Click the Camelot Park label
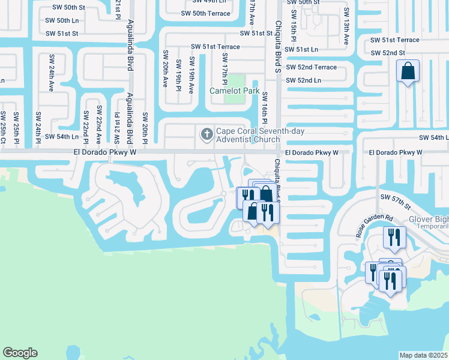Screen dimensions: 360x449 pyautogui.click(x=234, y=91)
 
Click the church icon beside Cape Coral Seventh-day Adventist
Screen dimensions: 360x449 pyautogui.click(x=206, y=133)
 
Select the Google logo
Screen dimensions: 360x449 pyautogui.click(x=20, y=353)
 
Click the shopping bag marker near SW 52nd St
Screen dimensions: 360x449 pyautogui.click(x=408, y=71)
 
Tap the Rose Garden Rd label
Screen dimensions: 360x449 pyautogui.click(x=373, y=226)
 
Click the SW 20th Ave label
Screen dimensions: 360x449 pyautogui.click(x=165, y=68)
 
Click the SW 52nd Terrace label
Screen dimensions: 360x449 pyautogui.click(x=311, y=67)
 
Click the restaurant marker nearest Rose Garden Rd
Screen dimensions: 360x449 pyautogui.click(x=394, y=236)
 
